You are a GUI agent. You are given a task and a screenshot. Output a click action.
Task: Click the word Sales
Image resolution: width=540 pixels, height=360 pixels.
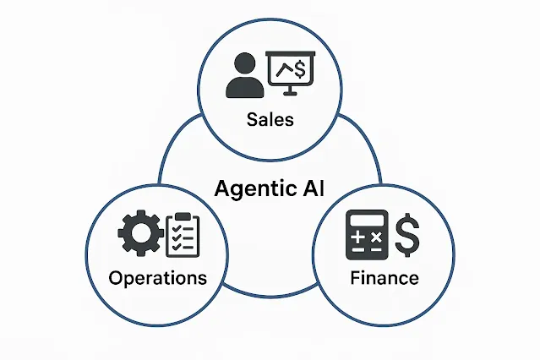point(270,119)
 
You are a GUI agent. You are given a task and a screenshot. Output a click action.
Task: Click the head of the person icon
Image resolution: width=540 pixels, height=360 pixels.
point(243,65)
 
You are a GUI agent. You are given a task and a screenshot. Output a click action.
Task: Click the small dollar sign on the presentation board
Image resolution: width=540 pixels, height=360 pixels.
point(301,69)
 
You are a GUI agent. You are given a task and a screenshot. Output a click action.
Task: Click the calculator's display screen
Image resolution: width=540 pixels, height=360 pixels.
point(367,221)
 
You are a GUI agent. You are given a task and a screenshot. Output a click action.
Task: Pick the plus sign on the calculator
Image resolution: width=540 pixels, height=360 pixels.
point(357,239)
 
